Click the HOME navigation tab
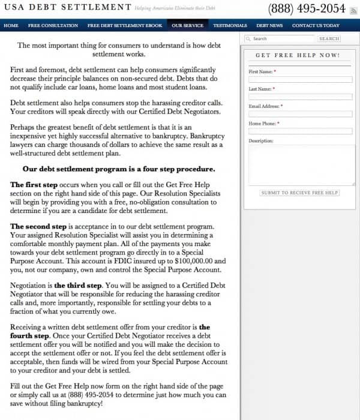(x=11, y=26)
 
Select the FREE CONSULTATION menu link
(x=53, y=26)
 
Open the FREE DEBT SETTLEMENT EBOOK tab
(x=125, y=26)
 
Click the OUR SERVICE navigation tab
(x=186, y=26)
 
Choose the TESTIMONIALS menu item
(x=230, y=26)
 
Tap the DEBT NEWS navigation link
(x=269, y=26)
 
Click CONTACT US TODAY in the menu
(x=316, y=26)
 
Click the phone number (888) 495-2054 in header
(x=307, y=8)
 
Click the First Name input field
(x=300, y=79)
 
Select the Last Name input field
(x=300, y=97)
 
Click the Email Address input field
(x=300, y=114)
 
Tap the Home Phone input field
(x=300, y=131)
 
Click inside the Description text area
(x=300, y=165)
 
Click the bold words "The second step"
(x=38, y=227)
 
